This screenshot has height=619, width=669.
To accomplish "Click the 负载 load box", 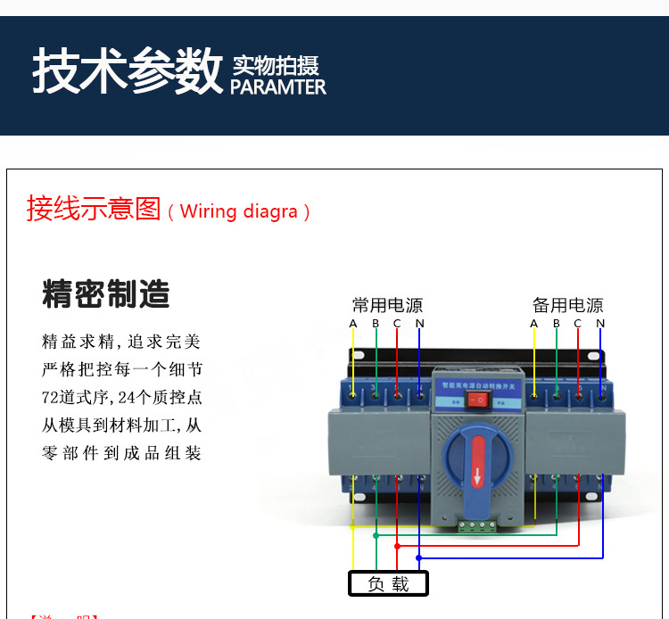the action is pyautogui.click(x=388, y=584).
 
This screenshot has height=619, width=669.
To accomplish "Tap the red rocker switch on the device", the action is pyautogui.click(x=477, y=400).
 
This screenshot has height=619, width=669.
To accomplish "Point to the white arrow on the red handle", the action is pyautogui.click(x=477, y=475).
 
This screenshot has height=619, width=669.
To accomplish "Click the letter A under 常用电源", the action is pyautogui.click(x=353, y=323).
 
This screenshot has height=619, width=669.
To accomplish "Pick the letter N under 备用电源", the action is pyautogui.click(x=600, y=323).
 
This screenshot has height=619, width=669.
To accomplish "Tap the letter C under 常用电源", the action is pyautogui.click(x=397, y=323).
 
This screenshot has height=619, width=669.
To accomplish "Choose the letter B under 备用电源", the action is pyautogui.click(x=556, y=323).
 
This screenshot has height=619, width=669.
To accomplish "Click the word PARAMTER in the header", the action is pyautogui.click(x=278, y=87).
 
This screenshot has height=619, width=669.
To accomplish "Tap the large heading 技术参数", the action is pyautogui.click(x=127, y=71).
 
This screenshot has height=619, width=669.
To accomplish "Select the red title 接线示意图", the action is pyautogui.click(x=94, y=209).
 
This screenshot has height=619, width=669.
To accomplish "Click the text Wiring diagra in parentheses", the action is pyautogui.click(x=239, y=212).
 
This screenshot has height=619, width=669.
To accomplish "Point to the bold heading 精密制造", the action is pyautogui.click(x=106, y=293).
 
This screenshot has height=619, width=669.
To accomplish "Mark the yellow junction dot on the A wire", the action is pyautogui.click(x=353, y=526).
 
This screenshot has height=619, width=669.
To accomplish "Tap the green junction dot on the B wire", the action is pyautogui.click(x=376, y=535).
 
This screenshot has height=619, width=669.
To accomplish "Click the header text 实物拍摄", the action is pyautogui.click(x=276, y=65).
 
